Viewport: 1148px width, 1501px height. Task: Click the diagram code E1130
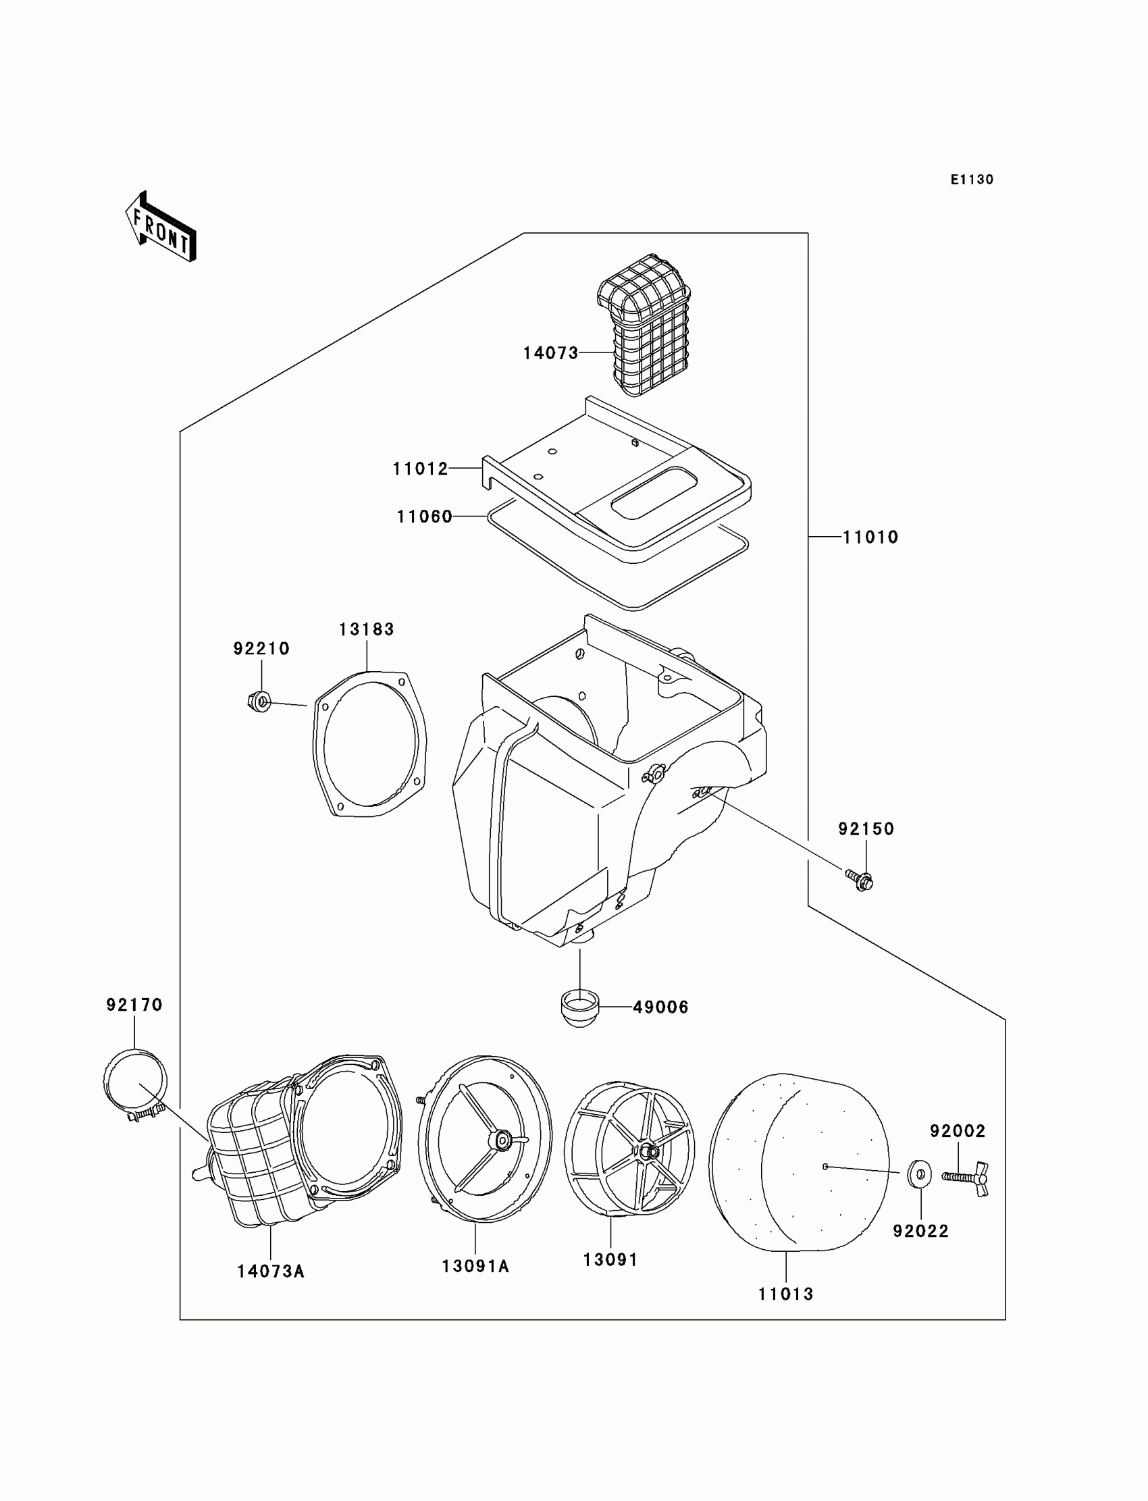pos(972,180)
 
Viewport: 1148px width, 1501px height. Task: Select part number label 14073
pos(550,353)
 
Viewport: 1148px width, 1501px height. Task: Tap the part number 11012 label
pos(419,469)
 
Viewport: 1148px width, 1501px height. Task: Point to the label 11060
pos(424,517)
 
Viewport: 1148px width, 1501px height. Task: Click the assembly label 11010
pos(870,537)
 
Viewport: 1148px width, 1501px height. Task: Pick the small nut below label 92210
pos(260,701)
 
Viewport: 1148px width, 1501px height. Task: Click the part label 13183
pos(366,629)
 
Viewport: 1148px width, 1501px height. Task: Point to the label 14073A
pos(271,1271)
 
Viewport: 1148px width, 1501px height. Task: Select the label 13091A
pos(475,1266)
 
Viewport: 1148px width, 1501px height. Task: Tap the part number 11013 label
pos(786,1294)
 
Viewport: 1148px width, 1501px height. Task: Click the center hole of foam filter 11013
pos(825,1167)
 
